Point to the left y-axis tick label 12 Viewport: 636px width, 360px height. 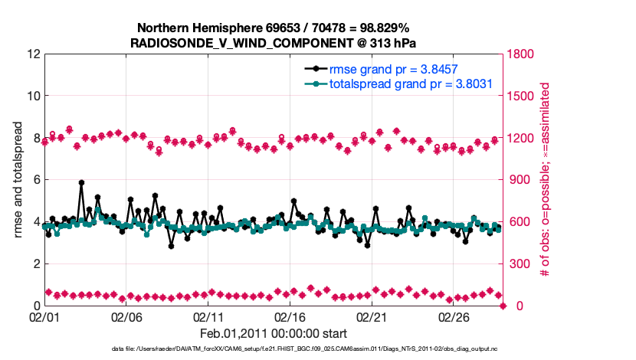32,54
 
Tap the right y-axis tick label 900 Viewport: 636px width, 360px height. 518,180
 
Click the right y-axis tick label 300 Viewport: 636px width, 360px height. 518,264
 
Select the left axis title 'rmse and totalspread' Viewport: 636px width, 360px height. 18,180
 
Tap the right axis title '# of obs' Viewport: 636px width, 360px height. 546,180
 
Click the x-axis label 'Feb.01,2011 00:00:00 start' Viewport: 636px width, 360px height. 274,333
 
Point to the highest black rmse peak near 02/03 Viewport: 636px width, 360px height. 81,183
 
